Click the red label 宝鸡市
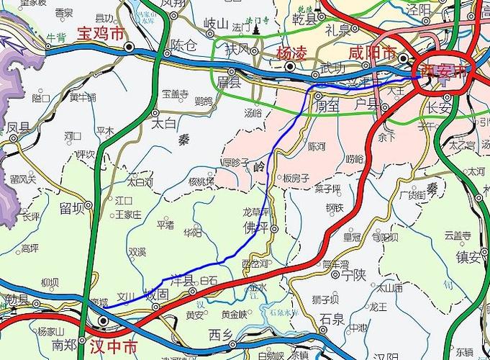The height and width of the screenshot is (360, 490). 100,34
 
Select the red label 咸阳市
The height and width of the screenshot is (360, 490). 371,53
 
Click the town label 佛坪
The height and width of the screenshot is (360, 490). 255,228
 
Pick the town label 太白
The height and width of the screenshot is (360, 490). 164,123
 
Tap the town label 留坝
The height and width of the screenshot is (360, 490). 73,209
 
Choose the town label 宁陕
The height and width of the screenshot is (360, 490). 354,274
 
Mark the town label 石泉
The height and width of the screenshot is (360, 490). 332,318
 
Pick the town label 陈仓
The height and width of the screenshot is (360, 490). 183,45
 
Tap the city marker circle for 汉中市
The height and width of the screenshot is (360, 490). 104,321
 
